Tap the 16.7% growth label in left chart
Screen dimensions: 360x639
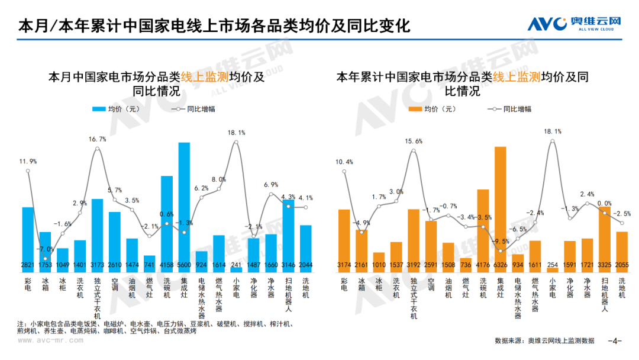click(x=98, y=139)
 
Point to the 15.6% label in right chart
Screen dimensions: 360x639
click(x=414, y=141)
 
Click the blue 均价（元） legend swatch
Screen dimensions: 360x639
click(x=98, y=109)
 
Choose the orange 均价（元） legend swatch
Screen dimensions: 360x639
click(x=414, y=109)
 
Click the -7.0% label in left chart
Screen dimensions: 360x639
click(x=46, y=249)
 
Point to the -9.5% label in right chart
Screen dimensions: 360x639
click(x=501, y=241)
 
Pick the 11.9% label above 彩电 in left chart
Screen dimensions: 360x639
click(x=28, y=161)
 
